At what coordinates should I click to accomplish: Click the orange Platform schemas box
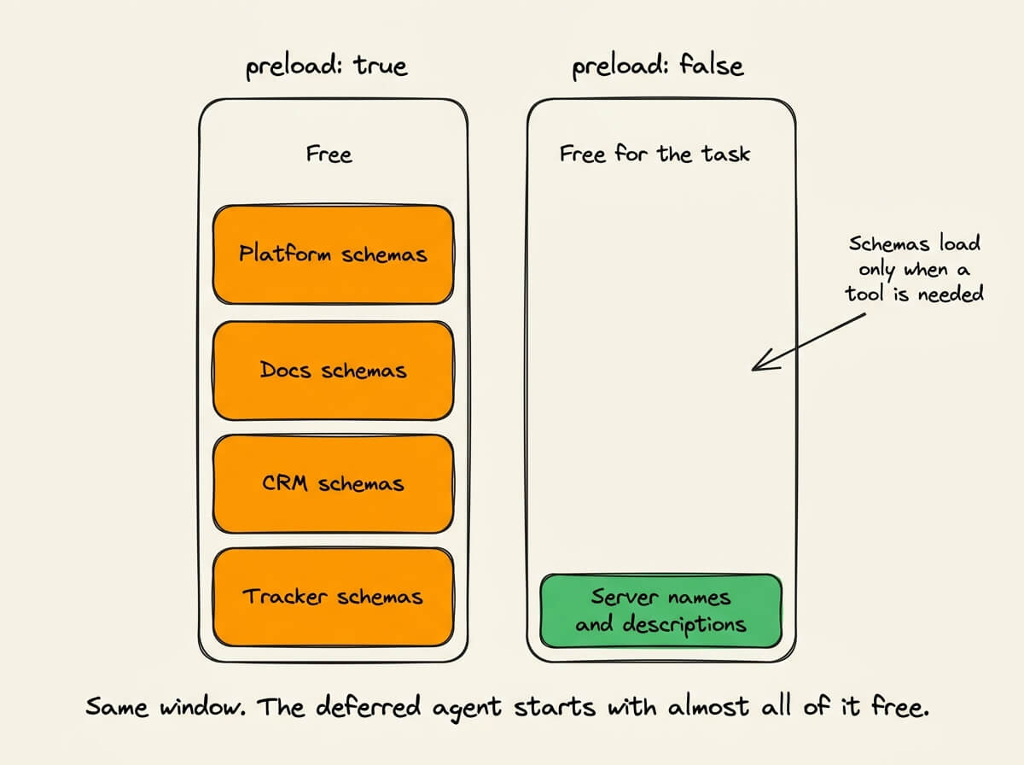333,254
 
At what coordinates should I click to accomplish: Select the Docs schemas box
333,371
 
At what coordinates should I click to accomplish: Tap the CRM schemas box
333,483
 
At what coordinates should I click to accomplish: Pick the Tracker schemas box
333,597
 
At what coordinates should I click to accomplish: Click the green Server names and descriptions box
661,611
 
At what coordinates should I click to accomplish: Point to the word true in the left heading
381,66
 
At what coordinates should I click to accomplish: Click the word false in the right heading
711,65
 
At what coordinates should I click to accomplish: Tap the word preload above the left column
294,67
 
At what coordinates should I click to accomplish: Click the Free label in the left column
329,154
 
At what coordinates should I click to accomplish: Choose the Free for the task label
655,154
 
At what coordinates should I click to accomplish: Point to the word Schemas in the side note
889,244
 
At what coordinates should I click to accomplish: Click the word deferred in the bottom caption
368,707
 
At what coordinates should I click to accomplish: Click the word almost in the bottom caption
709,707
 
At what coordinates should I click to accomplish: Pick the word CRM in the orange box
284,483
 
